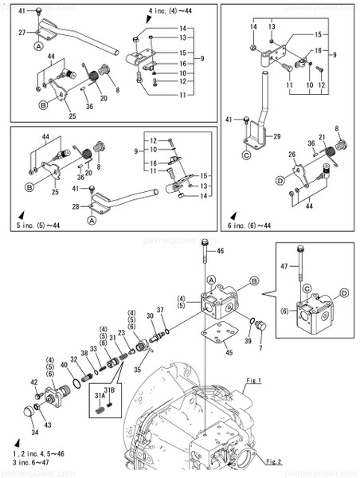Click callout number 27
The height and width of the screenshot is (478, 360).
(x=23, y=33)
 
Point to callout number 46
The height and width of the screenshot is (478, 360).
(x=221, y=251)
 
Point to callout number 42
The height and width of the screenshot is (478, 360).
(x=34, y=383)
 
